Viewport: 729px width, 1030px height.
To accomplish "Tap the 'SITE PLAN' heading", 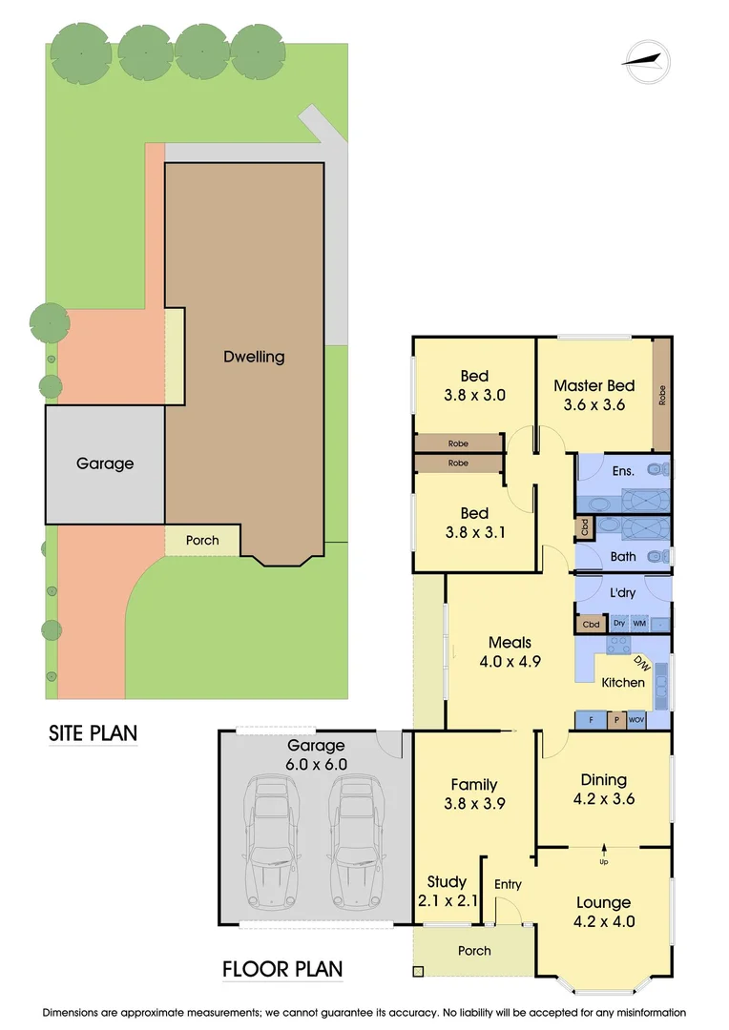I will click(94, 733).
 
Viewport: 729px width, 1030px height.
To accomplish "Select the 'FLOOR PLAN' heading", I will click(281, 970).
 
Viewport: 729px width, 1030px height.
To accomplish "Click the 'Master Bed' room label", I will click(594, 385).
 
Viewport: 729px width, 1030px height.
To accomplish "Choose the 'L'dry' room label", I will click(622, 593).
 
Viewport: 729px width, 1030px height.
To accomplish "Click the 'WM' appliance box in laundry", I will click(639, 624).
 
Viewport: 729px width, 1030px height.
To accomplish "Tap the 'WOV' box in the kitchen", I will click(636, 720).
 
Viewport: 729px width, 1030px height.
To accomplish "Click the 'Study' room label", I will click(447, 881).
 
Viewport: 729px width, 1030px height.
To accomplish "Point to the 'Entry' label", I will click(508, 884).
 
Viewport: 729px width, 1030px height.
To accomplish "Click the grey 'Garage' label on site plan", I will click(105, 463).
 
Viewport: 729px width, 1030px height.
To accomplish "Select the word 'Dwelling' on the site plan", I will click(254, 357).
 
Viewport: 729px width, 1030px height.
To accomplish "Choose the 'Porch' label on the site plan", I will click(201, 540).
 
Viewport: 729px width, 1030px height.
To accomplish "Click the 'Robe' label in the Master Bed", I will click(662, 395).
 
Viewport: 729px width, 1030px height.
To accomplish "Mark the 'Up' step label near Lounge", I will click(603, 862).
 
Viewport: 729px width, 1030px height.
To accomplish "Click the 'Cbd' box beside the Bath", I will click(583, 526).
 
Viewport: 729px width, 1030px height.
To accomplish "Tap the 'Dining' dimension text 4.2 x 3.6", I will click(603, 799).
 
